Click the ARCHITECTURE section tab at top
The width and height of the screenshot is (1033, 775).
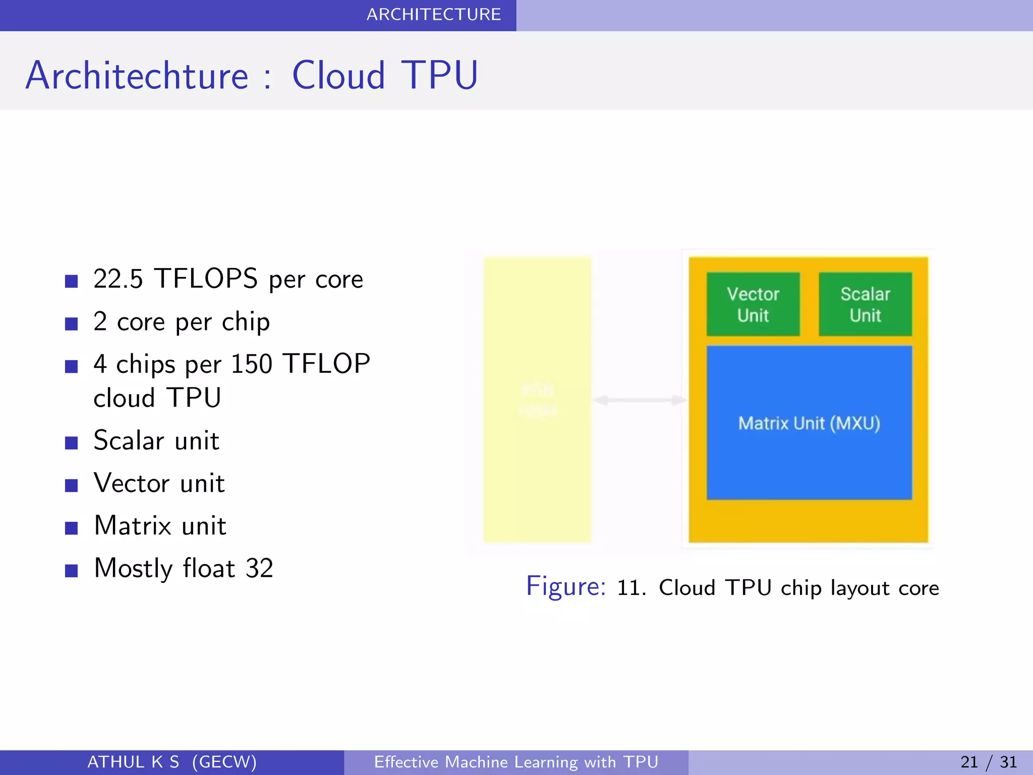(433, 15)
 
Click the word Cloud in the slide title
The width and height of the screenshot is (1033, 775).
(338, 76)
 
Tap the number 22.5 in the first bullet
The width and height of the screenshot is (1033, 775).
(118, 279)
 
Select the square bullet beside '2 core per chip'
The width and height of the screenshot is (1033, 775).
(71, 323)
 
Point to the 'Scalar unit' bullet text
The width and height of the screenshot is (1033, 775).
(156, 440)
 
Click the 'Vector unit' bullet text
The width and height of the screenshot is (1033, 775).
(159, 483)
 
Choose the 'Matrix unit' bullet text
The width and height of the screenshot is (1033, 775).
(160, 526)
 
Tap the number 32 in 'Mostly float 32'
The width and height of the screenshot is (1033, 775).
(259, 569)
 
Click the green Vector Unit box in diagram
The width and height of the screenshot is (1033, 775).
(753, 304)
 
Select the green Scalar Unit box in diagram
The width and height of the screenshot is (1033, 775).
(865, 304)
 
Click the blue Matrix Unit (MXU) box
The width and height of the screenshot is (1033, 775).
(809, 423)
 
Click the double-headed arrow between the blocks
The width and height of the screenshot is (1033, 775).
(640, 400)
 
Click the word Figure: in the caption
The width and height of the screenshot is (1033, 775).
(565, 587)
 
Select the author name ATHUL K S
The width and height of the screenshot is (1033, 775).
(133, 762)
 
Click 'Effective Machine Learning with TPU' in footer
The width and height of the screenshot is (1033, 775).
(516, 762)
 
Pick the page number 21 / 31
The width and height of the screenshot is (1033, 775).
(988, 762)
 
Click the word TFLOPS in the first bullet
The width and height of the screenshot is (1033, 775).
(206, 279)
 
